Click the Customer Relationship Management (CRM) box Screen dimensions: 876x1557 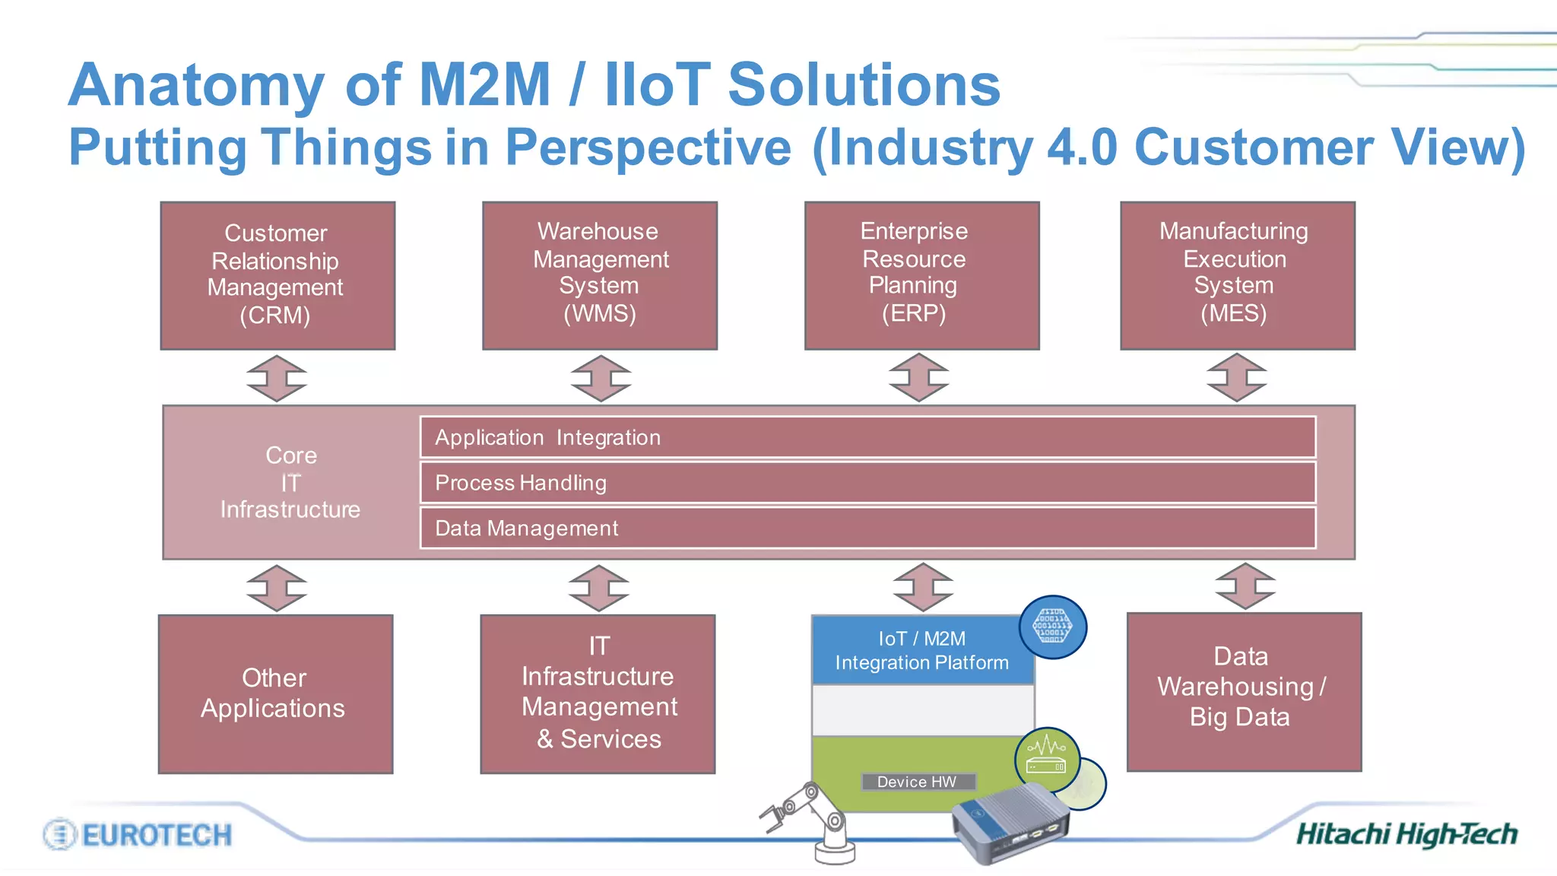pos(277,275)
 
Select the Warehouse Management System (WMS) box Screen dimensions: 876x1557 pos(599,275)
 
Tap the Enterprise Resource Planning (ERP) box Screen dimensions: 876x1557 pos(921,275)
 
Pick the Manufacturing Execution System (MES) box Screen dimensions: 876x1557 pos(1237,275)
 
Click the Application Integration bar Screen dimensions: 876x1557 pos(867,437)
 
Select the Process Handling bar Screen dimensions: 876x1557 pos(867,483)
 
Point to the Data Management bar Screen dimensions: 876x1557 pos(867,528)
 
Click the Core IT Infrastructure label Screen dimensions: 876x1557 pos(290,483)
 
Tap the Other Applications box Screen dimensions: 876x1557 pos(275,693)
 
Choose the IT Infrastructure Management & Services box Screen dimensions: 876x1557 pos(598,693)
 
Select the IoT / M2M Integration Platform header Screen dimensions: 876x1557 pos(921,650)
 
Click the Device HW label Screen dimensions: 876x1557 pos(918,782)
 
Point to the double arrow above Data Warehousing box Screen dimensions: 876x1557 pos(1245,586)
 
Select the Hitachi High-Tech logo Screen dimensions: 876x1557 pos(1406,834)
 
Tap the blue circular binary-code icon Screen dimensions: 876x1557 pos(1052,627)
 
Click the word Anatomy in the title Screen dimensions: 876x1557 pos(196,84)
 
